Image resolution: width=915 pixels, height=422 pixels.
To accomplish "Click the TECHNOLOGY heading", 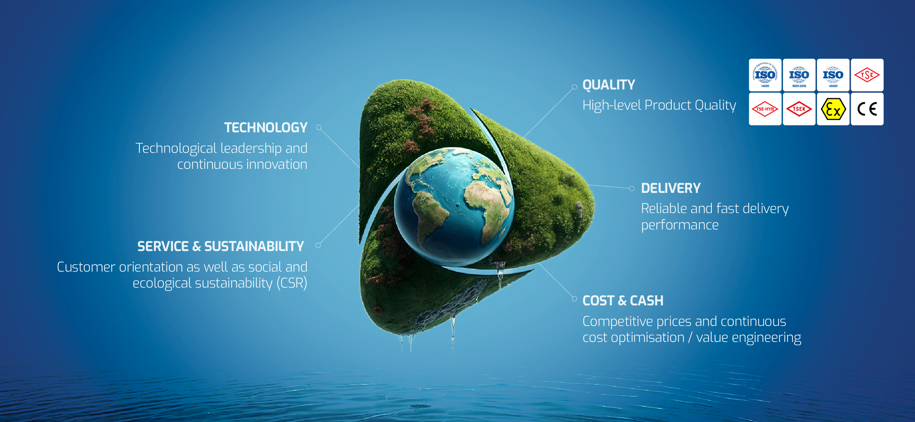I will point(266,128).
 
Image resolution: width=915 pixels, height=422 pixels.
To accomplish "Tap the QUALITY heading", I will point(609,85).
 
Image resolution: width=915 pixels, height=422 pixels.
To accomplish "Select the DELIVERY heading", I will point(671,188).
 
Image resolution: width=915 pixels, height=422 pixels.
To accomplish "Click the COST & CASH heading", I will point(623,300).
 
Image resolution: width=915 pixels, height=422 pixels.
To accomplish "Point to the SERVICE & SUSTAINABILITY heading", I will point(221,246).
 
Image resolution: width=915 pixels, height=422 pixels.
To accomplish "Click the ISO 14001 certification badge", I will point(765,75).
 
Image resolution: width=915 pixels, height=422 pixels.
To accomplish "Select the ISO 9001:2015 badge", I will point(799,75).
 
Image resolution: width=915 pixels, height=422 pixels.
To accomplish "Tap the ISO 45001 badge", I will point(833,75).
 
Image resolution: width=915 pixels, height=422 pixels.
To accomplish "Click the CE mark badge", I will point(867,109).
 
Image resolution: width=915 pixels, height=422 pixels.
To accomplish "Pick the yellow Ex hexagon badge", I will point(833,109).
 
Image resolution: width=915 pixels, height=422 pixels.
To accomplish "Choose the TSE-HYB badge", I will point(765,109).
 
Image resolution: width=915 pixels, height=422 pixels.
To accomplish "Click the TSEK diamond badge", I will point(799,109).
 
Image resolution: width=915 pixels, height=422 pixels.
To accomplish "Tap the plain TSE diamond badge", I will point(867,75).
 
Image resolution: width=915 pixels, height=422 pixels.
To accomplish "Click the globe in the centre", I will point(453,206).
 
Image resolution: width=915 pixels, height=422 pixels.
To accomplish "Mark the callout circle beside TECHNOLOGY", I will point(319,127).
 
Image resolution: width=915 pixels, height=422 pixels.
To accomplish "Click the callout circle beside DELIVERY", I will point(632,188).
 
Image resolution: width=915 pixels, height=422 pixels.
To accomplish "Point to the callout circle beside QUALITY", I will point(574,87).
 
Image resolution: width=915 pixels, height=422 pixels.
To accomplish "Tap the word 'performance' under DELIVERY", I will point(679,225).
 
